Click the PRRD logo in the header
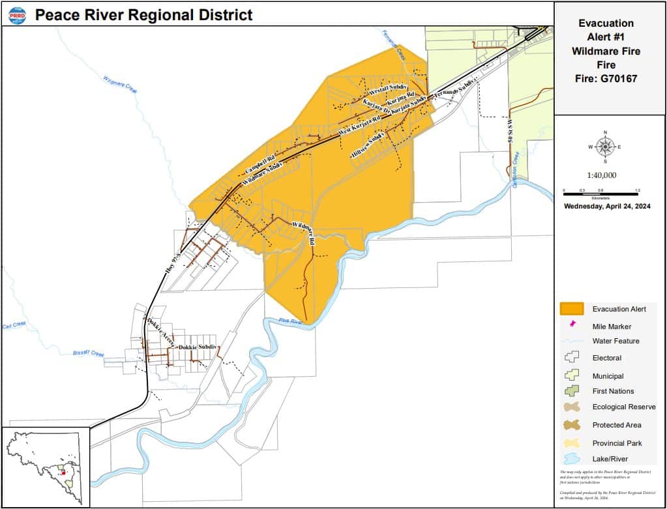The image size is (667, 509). tap(18, 14)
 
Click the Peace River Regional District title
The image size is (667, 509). tap(143, 14)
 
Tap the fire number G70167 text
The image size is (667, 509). tap(607, 79)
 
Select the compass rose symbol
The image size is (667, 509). tap(605, 147)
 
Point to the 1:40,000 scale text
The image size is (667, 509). tap(601, 175)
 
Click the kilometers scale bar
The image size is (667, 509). tap(600, 194)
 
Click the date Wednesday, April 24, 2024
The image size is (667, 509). tap(607, 207)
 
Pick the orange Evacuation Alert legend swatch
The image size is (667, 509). tap(572, 308)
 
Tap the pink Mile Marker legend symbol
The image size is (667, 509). tap(573, 324)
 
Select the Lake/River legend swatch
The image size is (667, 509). tap(572, 459)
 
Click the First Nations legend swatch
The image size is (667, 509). tap(572, 391)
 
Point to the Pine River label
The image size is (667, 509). tap(291, 321)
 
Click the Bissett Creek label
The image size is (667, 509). tap(88, 353)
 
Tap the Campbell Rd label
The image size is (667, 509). tap(259, 165)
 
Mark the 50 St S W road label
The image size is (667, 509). tap(511, 133)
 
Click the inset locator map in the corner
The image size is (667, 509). tap(45, 467)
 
